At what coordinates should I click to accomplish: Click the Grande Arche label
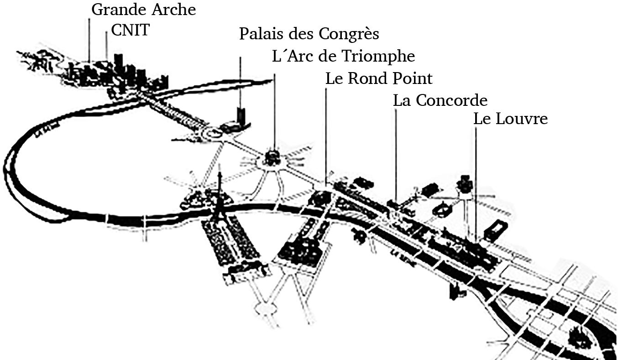(x=144, y=10)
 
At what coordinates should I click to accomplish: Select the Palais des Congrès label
(x=309, y=34)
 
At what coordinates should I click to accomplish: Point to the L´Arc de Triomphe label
(x=343, y=56)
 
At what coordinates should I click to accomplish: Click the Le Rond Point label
(x=378, y=78)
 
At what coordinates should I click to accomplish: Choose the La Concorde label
(x=440, y=100)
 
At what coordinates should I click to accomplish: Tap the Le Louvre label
(x=510, y=119)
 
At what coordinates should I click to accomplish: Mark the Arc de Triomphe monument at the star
(x=272, y=158)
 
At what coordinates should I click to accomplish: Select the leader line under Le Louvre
(x=475, y=183)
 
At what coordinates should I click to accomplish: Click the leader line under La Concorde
(x=395, y=155)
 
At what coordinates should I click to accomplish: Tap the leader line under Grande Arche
(x=89, y=41)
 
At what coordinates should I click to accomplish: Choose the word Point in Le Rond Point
(x=411, y=78)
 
